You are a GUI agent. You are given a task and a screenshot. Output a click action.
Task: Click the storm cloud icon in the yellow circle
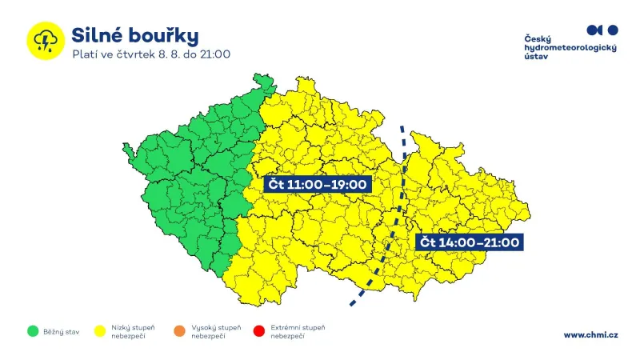45,40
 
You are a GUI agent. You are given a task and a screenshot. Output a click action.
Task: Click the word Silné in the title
97,35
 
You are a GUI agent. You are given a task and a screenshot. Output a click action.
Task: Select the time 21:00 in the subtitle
215,55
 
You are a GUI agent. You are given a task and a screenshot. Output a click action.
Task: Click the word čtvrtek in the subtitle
135,55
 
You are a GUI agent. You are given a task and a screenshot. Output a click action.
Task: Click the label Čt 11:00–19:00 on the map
317,185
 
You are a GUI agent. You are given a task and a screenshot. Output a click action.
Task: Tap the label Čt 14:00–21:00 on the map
470,242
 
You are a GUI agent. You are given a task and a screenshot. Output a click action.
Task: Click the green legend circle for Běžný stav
33,330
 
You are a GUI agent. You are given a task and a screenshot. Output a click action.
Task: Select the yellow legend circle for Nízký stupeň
101,330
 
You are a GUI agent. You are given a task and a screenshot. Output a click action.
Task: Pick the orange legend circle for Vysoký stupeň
180,330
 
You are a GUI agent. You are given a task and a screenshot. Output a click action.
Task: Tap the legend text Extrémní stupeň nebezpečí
298,331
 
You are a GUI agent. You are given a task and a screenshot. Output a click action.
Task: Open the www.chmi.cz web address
590,334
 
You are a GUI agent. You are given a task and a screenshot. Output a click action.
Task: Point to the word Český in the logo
538,38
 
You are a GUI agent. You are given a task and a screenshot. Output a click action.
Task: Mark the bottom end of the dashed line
350,305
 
